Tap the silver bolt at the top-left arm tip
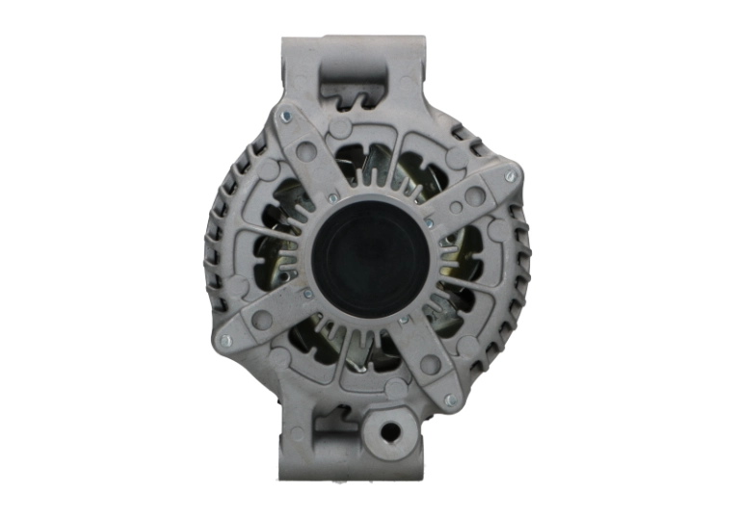pyautogui.click(x=285, y=117)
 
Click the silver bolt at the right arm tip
pyautogui.click(x=512, y=175)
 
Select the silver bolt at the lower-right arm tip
pyautogui.click(x=449, y=399)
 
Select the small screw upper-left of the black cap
pyautogui.click(x=332, y=197)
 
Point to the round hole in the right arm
pyautogui.click(x=474, y=195)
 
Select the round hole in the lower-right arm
pyautogui.click(x=429, y=365)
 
